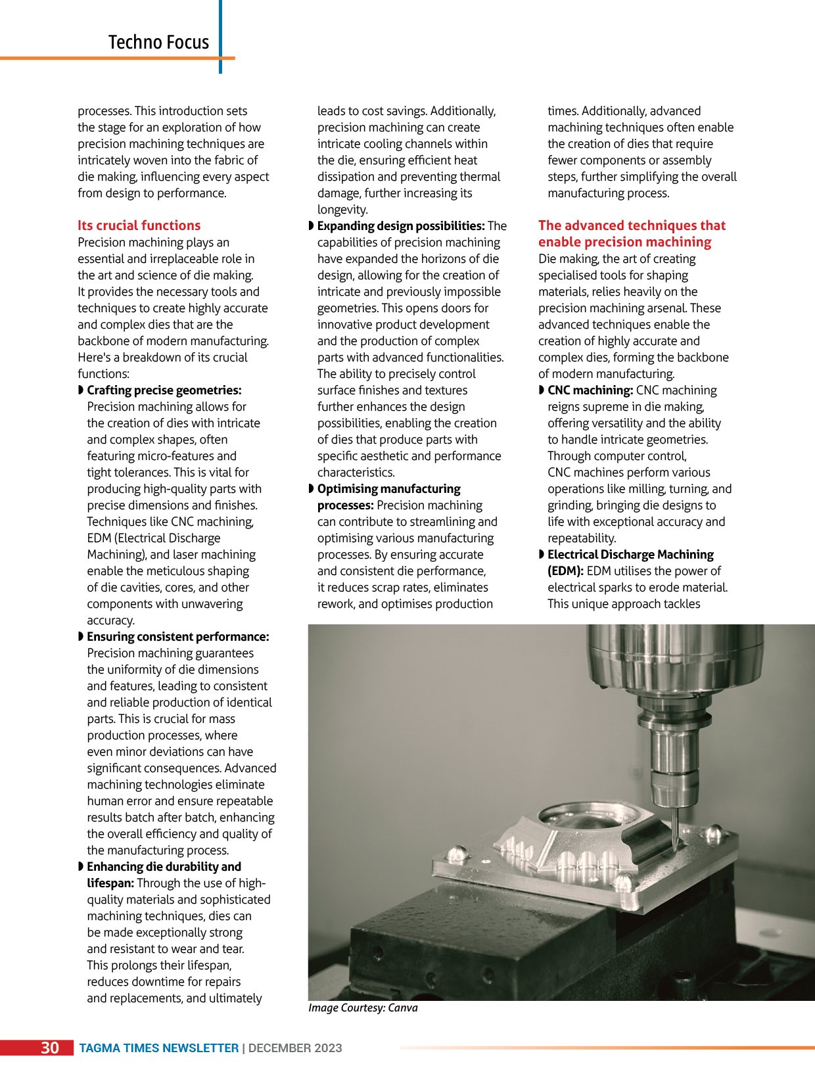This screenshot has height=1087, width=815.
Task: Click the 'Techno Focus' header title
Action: point(158,42)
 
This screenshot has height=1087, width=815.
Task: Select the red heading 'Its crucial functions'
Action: point(139,225)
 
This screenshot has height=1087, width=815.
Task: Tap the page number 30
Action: point(50,1048)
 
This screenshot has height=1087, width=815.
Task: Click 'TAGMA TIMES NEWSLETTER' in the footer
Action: point(158,1048)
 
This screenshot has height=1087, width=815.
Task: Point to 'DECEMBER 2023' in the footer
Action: point(295,1048)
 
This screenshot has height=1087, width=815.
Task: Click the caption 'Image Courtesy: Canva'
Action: point(363,1007)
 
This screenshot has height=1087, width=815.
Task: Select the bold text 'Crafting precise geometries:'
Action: point(164,390)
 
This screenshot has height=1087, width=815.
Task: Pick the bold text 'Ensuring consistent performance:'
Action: point(178,637)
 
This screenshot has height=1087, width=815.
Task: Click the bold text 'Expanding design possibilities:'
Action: point(401,226)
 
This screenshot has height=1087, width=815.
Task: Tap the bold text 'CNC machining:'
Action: point(590,390)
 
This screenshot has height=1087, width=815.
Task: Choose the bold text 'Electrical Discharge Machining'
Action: point(630,555)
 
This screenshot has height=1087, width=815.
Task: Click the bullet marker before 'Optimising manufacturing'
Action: point(312,489)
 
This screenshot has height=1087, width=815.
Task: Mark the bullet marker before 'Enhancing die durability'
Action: point(81,867)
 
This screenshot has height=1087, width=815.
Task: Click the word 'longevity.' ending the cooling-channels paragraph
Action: point(342,210)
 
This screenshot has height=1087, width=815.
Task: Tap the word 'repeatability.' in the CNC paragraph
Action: point(582,538)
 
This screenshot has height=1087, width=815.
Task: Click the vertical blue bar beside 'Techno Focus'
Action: point(220,36)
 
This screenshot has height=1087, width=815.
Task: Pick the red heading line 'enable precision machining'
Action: point(624,243)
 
